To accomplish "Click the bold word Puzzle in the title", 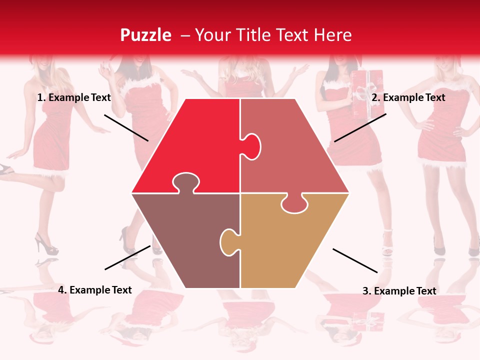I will tap(145, 35).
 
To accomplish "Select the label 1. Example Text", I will tap(74, 98).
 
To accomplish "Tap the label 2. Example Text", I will tap(408, 98).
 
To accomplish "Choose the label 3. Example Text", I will tap(399, 291).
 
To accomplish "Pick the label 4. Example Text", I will tap(95, 290).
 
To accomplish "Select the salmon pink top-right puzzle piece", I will tap(295, 160).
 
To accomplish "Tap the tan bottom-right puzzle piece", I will tap(290, 245).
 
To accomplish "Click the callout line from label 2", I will tap(360, 127).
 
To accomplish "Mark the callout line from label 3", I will tap(355, 260).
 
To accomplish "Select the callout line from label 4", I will tap(127, 257).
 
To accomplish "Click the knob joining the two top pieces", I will tap(252, 146).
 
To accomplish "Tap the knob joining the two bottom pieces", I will tap(228, 241).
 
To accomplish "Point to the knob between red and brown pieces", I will tap(185, 183).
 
